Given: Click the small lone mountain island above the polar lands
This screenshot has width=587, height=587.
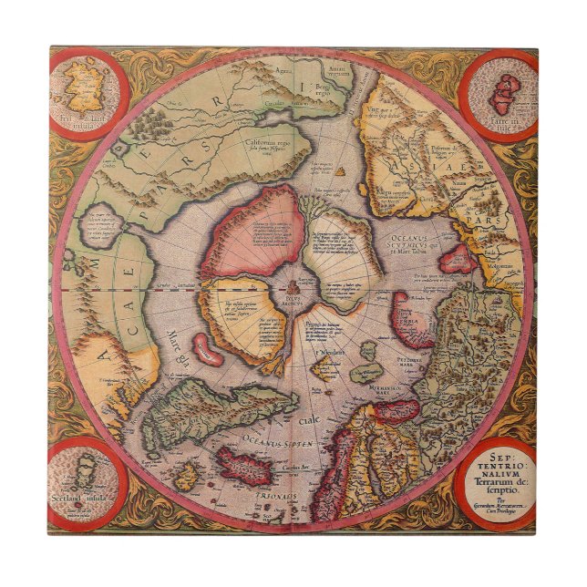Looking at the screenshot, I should click(x=340, y=170).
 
